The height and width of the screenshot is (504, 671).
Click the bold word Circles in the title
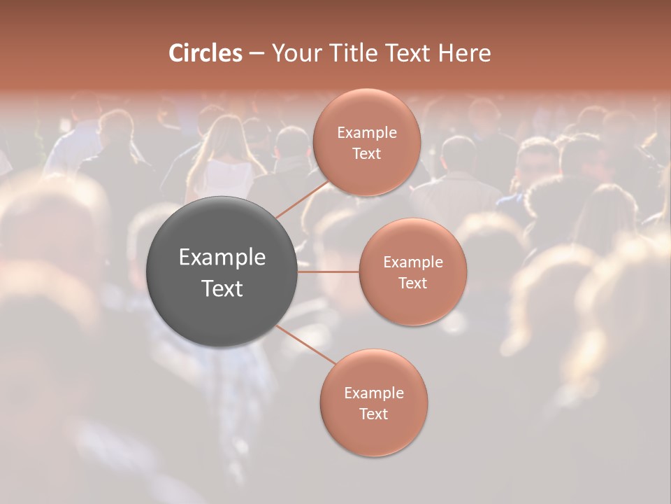(x=205, y=53)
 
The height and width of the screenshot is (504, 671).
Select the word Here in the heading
(x=464, y=53)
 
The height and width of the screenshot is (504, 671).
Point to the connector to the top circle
(x=301, y=198)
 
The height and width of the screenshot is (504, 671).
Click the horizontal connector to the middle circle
(x=329, y=272)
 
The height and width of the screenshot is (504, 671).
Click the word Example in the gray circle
(x=222, y=258)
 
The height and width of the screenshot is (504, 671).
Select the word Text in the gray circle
(x=222, y=288)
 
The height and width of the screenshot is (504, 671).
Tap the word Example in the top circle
(x=366, y=132)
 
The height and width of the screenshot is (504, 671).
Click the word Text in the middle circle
(x=412, y=283)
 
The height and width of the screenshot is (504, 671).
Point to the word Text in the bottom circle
(x=373, y=414)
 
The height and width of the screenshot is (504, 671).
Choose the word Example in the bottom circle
(x=373, y=393)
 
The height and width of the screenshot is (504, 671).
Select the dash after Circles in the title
(x=256, y=53)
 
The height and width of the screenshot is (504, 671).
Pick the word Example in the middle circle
(x=412, y=262)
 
